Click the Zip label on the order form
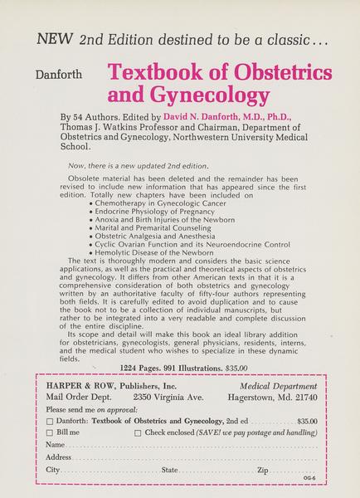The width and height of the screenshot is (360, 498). pyautogui.click(x=263, y=470)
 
